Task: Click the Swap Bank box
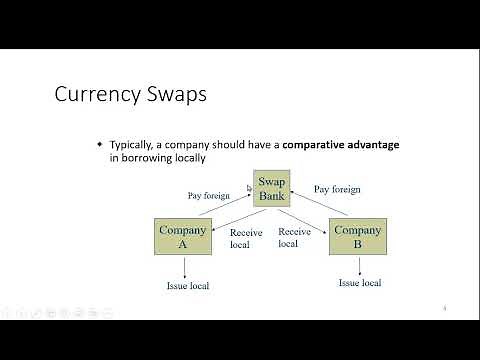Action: coord(272,188)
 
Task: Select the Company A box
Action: coord(184,237)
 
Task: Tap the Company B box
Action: coord(358,237)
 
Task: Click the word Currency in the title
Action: coord(94,96)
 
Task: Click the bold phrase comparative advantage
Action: coord(341,145)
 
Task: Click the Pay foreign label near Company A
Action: coord(209,195)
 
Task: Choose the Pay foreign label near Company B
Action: coord(337,189)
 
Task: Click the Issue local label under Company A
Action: coord(187,286)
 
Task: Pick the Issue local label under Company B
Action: coord(359,283)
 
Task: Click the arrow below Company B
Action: coord(358,265)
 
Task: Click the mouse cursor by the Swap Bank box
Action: coord(250,186)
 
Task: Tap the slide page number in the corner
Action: coord(444,308)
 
